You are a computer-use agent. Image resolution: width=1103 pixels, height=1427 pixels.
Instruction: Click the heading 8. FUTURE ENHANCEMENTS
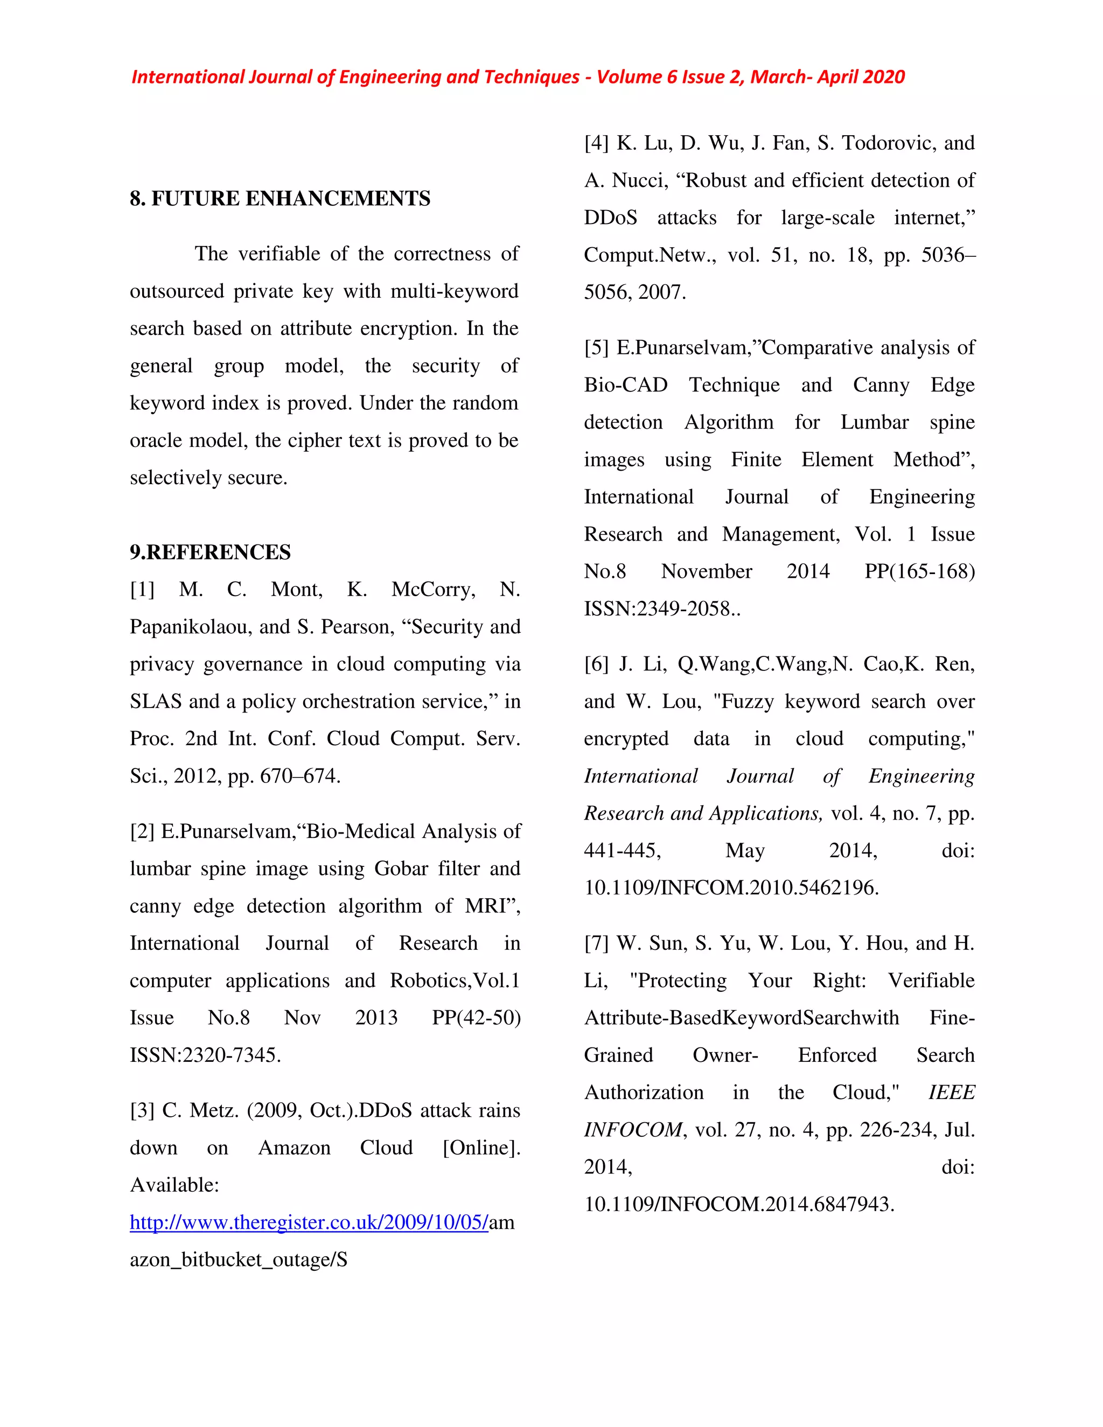(x=280, y=198)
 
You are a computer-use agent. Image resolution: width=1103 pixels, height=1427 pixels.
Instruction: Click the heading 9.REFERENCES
(x=210, y=552)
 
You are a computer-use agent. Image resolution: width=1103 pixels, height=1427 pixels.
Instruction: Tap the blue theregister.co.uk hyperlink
(x=309, y=1222)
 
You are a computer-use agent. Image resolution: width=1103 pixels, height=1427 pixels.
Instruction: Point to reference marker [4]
(x=596, y=143)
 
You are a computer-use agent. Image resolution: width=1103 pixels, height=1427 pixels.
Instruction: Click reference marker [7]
(x=596, y=943)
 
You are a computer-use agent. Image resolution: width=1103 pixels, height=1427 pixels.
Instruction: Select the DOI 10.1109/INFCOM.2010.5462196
(x=731, y=887)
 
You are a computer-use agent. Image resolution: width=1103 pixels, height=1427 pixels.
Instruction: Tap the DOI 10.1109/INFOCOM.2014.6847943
(x=738, y=1204)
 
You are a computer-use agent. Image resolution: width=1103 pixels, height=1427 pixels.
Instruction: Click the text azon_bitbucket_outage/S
(x=238, y=1260)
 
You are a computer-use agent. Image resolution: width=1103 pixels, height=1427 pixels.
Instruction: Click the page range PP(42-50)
(x=476, y=1018)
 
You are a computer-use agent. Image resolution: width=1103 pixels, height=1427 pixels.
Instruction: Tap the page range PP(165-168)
(x=919, y=572)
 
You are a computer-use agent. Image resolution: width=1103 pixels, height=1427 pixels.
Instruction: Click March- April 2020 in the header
(x=827, y=77)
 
